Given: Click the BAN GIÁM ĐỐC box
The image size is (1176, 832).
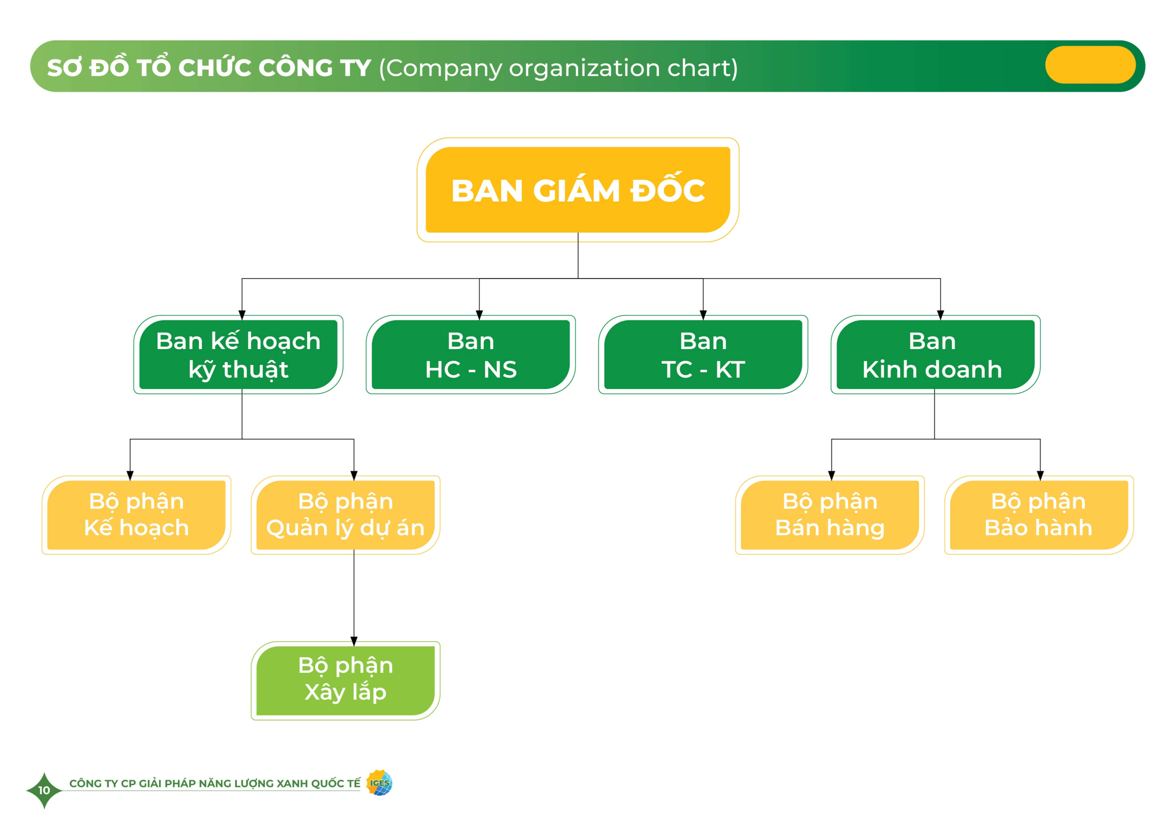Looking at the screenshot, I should pos(578,190).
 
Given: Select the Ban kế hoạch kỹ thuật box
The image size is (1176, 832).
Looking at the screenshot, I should pos(238,354).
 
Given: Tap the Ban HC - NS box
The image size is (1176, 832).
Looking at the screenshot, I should pos(471,354).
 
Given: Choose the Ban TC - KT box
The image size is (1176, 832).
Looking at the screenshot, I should pos(703,354).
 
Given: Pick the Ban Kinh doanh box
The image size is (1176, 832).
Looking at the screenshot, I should pos(935,354).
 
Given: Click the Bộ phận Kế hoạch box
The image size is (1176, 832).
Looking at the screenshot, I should pos(136,515).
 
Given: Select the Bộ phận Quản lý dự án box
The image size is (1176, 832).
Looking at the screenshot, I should pos(345,515).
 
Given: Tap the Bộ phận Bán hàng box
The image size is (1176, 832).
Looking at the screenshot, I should pos(830,515).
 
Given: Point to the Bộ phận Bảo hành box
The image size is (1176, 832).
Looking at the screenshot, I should pos(1039,515).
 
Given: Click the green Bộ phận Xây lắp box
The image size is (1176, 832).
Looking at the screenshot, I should pos(345,680).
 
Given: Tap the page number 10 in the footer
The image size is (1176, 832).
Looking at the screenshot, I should pos(44,790).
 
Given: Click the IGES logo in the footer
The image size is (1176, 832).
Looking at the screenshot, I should pos(379,783).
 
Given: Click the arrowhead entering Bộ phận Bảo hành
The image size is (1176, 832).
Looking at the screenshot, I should pos(1040,476).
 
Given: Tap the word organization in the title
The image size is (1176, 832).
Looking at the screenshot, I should pos(584,68).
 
